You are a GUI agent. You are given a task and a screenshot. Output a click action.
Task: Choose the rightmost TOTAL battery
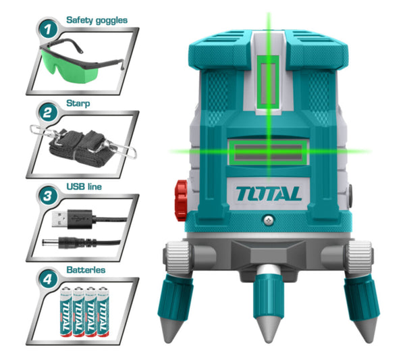[102, 311]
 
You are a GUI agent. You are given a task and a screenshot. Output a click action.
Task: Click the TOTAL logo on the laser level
[268, 193]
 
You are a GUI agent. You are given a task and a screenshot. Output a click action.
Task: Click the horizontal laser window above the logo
[268, 152]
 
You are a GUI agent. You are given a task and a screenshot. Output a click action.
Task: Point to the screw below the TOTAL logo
[269, 220]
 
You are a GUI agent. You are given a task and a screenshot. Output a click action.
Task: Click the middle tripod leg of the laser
[269, 304]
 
